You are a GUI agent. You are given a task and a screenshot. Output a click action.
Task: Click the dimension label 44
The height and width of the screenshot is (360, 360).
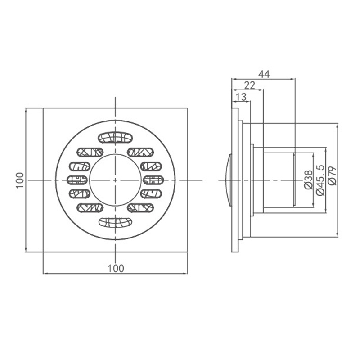pos(264,74)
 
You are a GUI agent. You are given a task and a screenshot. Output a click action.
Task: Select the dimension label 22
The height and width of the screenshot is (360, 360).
pos(250,85)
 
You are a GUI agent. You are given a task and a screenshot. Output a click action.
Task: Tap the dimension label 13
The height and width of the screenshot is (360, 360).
pos(241,97)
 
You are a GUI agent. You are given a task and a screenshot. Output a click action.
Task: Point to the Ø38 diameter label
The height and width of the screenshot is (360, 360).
pos(308,180)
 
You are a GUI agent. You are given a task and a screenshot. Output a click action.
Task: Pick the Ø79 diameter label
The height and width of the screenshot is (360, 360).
pos(332,176)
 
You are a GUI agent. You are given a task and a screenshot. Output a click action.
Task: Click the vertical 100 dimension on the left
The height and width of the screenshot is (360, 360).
pos(20,180)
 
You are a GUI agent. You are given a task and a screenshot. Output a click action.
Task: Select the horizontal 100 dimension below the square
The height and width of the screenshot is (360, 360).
pos(116,268)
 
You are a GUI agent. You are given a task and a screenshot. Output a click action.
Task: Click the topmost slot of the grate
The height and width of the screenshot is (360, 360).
pos(116,137)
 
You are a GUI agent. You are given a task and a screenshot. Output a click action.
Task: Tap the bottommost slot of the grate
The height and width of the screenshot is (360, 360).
pos(116,222)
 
